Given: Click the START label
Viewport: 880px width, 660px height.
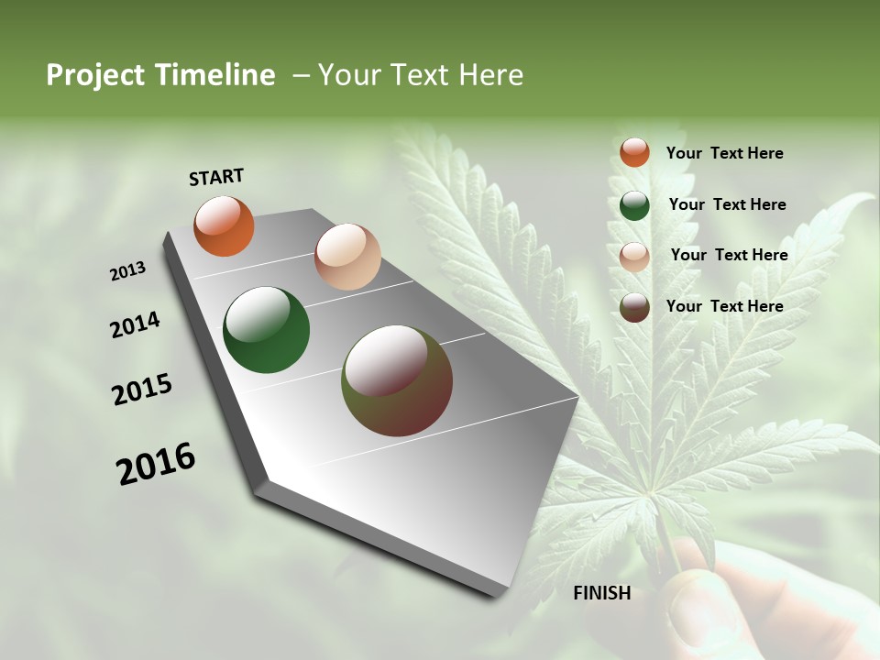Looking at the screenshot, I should (216, 177).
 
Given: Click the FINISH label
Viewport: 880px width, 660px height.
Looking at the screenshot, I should (601, 593).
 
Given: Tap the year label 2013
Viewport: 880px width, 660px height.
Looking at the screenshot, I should (127, 271).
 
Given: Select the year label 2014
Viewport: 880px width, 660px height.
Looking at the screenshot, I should (135, 325).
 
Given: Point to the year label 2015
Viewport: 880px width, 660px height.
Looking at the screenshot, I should (142, 390).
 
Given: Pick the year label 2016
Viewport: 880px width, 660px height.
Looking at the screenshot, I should (156, 464).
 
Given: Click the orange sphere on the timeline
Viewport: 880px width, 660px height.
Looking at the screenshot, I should (224, 225).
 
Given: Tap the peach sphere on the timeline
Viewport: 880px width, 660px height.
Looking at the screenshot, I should (347, 257).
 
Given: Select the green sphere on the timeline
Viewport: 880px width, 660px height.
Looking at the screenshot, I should (267, 330).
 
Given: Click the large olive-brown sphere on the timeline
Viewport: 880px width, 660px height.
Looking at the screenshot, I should (397, 380).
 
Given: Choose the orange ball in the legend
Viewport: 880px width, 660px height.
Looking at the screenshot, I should (634, 152).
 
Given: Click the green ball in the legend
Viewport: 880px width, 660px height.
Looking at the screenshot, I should (634, 205).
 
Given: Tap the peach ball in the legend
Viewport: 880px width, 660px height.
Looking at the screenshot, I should (634, 257).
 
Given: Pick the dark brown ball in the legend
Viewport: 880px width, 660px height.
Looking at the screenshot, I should (634, 307).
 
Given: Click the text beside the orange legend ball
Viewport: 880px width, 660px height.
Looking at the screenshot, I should (724, 153).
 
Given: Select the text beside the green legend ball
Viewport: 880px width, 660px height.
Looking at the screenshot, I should (727, 204).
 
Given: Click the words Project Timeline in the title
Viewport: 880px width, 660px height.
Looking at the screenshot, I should (160, 75).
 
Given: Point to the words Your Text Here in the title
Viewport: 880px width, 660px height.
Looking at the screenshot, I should (420, 75).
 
